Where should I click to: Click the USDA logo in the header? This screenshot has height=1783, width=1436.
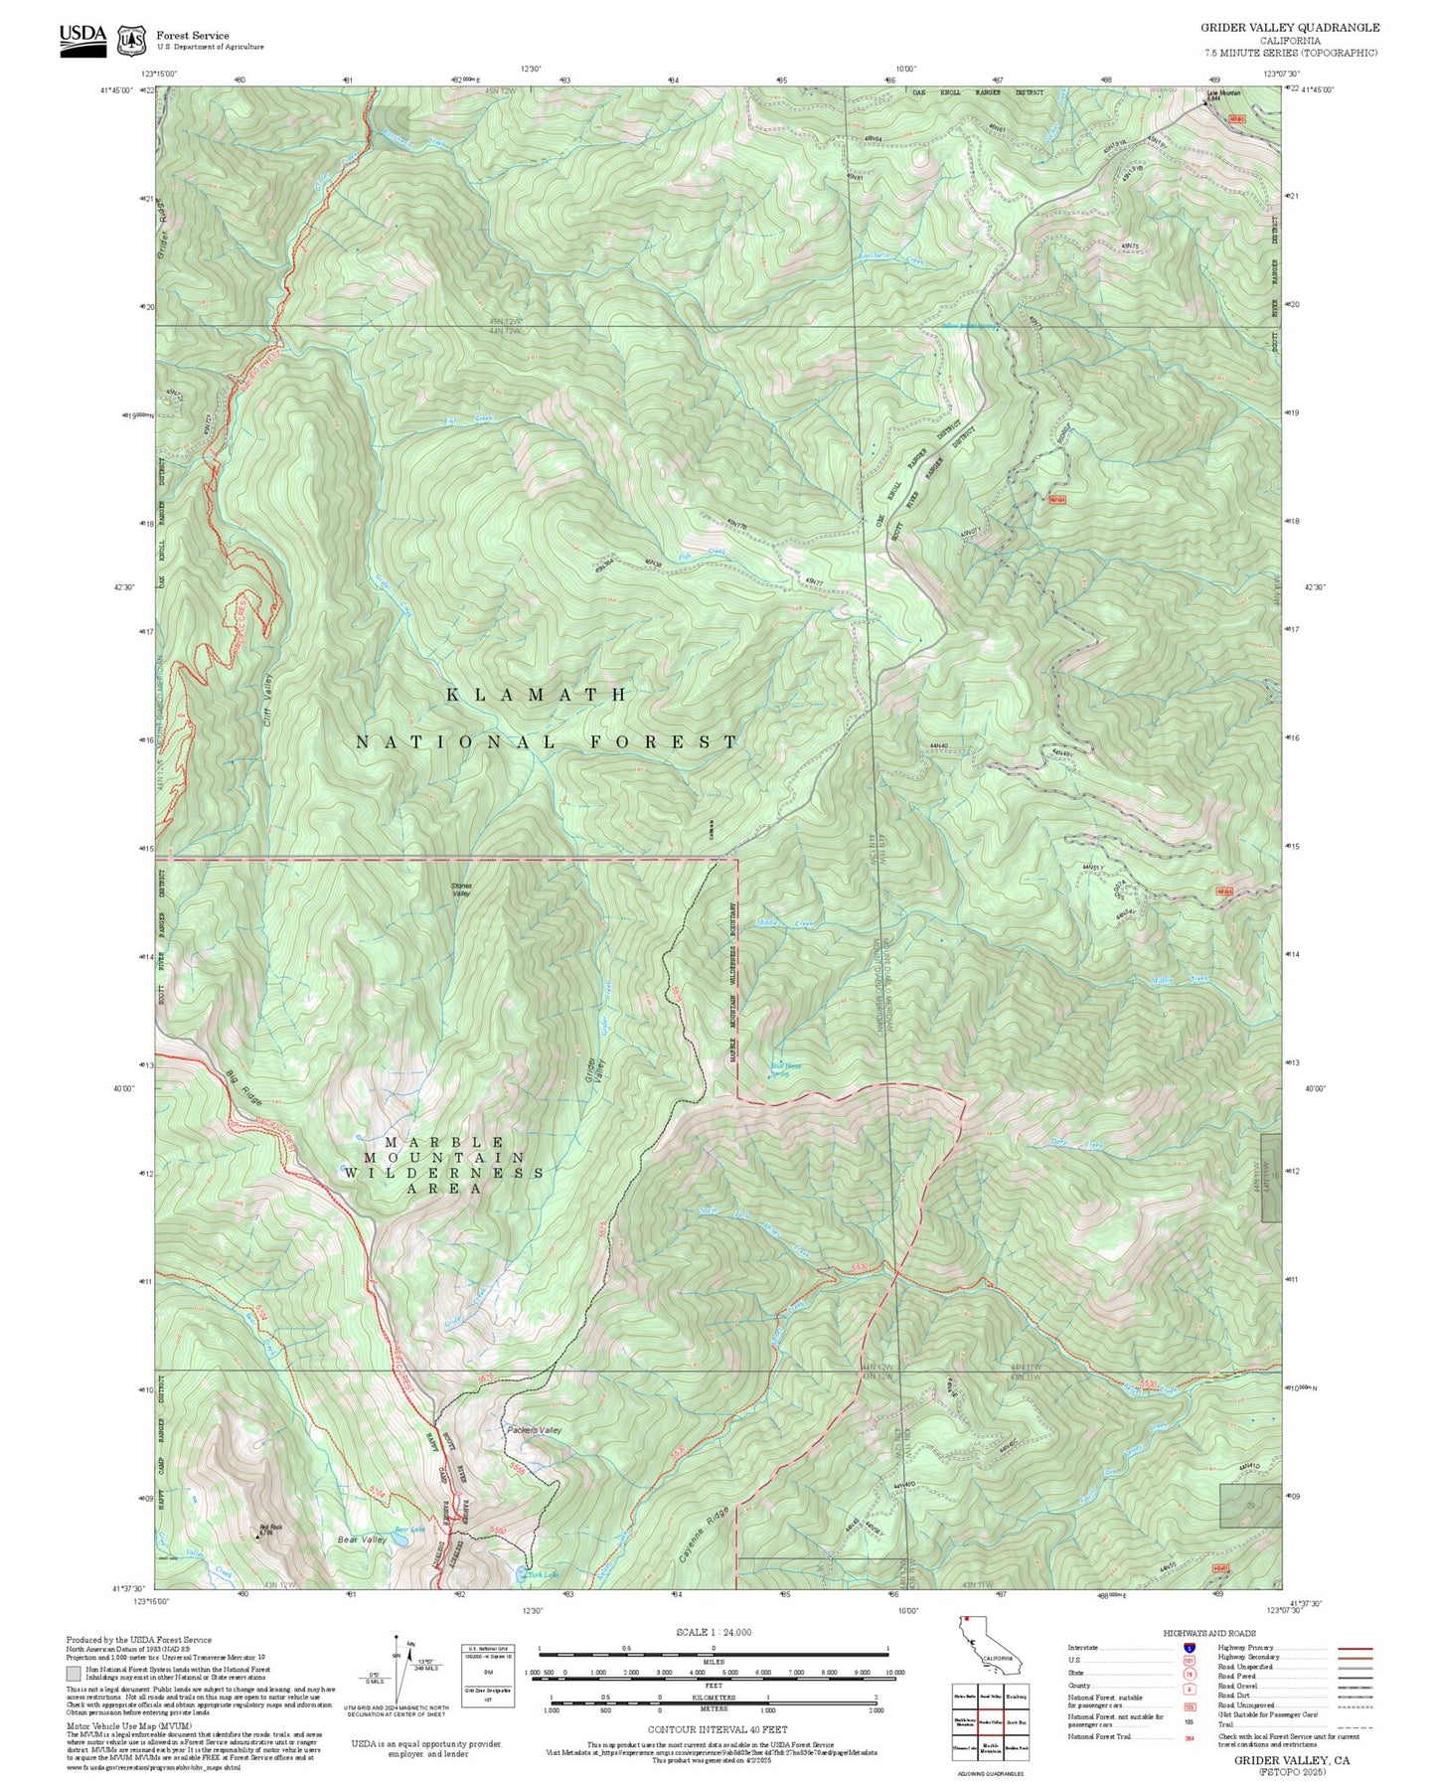point(82,39)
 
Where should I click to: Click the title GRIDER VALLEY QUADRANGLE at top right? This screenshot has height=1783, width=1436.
point(1289,28)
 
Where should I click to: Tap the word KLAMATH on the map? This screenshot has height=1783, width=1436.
point(537,695)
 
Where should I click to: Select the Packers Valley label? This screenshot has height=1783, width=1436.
point(534,1430)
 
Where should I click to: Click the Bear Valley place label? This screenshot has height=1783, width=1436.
point(362,1540)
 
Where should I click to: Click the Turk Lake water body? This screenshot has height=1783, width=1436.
point(521,1574)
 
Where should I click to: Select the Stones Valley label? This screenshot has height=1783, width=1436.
point(461,890)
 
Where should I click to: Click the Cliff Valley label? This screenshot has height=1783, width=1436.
point(267,700)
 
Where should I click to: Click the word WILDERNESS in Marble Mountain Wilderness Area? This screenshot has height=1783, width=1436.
point(444,1173)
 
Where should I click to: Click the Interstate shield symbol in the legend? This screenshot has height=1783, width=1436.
point(1189,1648)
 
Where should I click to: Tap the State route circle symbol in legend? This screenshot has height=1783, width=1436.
point(1189,1673)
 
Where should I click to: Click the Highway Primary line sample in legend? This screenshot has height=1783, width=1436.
point(1355,1648)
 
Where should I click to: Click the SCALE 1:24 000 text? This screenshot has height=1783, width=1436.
point(713,1632)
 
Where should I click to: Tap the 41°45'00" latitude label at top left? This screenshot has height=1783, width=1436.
point(117,90)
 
